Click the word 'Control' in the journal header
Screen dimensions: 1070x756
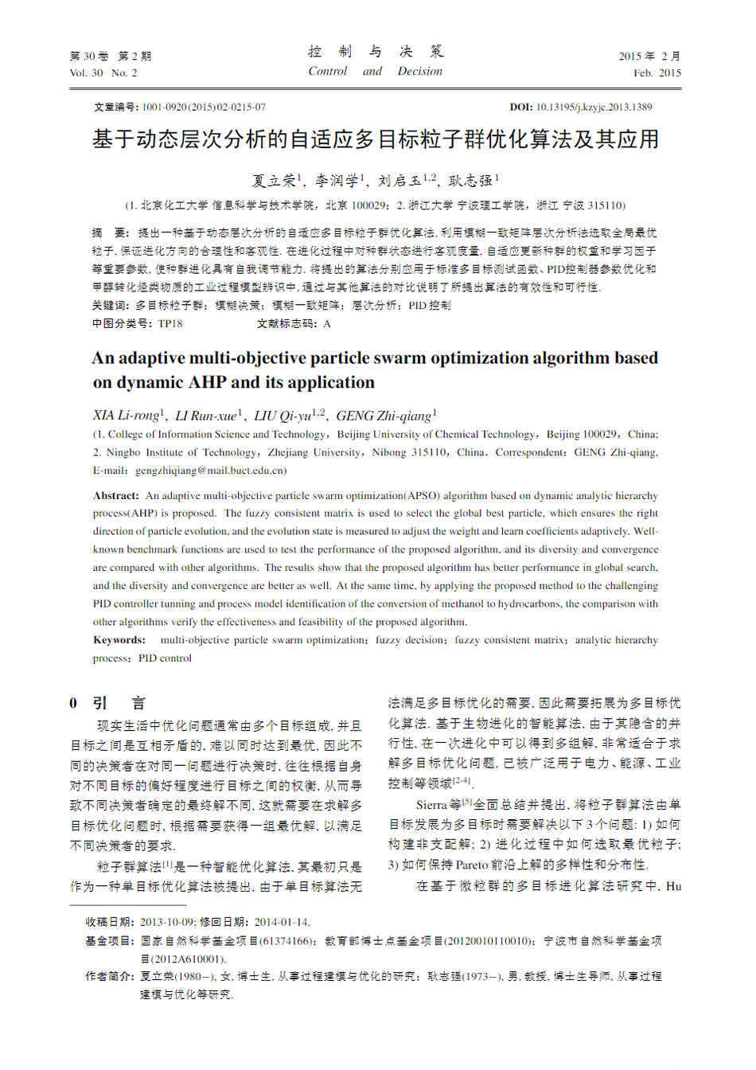click(x=328, y=72)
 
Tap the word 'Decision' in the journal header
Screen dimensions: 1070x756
click(x=420, y=72)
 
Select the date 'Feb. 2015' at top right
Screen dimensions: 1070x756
click(x=657, y=73)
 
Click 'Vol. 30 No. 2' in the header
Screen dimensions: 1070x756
click(x=103, y=73)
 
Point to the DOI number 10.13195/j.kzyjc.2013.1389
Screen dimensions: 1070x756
click(x=594, y=107)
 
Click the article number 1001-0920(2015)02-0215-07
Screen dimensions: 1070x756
click(x=204, y=107)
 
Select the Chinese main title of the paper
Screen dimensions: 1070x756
click(x=376, y=140)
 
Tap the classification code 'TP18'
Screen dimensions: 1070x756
click(x=170, y=324)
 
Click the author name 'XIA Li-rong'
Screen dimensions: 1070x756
click(x=126, y=416)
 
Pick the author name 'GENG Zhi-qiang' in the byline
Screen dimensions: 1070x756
click(x=384, y=416)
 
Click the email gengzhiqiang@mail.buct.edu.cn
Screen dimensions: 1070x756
click(x=211, y=471)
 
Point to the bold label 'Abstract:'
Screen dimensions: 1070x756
click(x=116, y=496)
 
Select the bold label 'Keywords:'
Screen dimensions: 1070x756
click(x=119, y=640)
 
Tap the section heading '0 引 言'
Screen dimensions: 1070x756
click(x=107, y=704)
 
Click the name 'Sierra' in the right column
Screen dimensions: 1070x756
click(x=431, y=806)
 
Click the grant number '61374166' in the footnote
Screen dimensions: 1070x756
click(x=288, y=942)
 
